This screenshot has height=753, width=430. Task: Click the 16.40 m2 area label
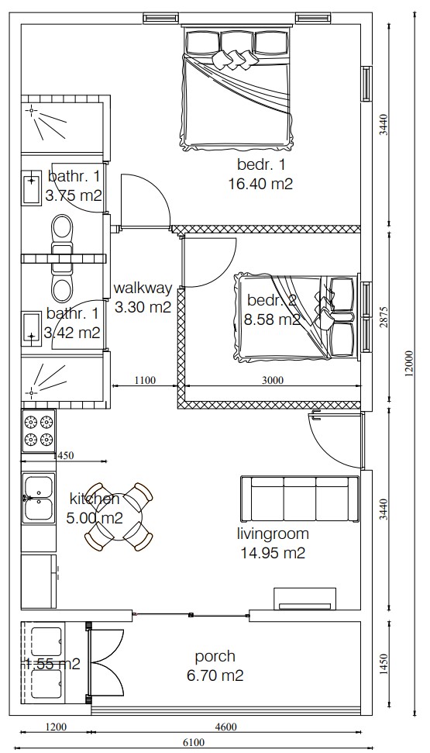(x=260, y=185)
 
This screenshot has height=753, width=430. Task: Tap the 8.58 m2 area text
(x=272, y=320)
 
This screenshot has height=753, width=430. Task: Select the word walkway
(x=143, y=288)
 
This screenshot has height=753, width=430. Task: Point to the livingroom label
(x=273, y=534)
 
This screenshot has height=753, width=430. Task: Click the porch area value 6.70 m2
(x=215, y=675)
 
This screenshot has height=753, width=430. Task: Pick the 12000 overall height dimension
(x=409, y=364)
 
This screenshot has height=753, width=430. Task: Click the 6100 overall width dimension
(x=194, y=743)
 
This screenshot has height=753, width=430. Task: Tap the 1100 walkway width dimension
(x=144, y=380)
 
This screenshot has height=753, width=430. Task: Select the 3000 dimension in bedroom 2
(x=273, y=380)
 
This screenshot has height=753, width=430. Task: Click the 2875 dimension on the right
(x=384, y=316)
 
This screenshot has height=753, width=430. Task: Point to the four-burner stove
(x=39, y=430)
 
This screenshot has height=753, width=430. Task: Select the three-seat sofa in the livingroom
(x=300, y=499)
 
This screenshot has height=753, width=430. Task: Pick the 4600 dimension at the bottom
(x=225, y=727)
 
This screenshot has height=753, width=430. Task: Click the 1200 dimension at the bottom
(x=56, y=727)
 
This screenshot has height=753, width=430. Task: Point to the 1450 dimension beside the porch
(x=384, y=664)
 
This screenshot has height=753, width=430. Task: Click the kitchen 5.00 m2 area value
(x=95, y=518)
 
